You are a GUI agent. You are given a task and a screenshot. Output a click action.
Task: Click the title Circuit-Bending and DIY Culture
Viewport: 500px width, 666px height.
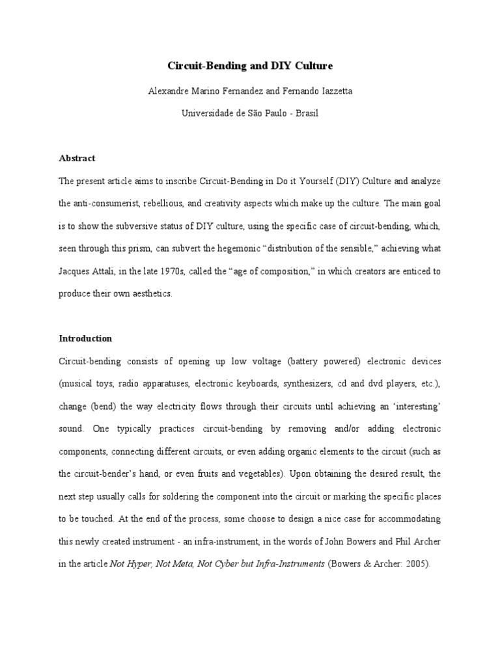(251, 66)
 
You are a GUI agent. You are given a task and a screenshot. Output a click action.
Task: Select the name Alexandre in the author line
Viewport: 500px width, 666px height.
(169, 90)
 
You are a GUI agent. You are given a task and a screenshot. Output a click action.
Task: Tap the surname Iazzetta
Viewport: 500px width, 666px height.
(331, 90)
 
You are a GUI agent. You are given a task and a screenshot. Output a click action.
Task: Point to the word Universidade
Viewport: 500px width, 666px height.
(206, 113)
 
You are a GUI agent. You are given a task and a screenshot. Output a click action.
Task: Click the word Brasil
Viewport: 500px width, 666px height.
(307, 113)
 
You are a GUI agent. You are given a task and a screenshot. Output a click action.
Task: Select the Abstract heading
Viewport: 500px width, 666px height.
(77, 158)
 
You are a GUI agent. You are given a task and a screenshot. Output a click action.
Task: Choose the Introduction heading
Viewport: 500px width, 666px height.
(85, 338)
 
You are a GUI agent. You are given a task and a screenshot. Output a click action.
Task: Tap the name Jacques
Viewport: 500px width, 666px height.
(74, 271)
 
